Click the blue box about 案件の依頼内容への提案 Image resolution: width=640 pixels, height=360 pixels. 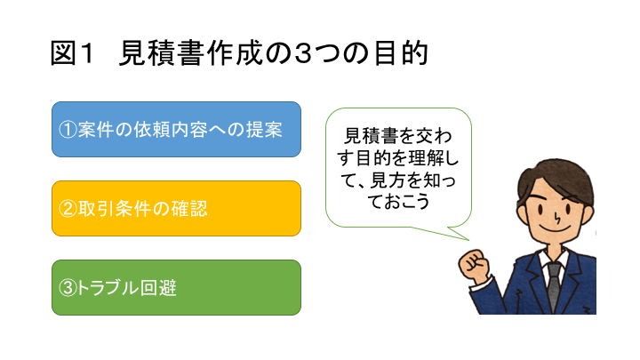[176, 130]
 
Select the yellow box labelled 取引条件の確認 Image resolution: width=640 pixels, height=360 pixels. [176, 209]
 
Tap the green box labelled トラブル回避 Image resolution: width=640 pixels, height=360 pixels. [176, 287]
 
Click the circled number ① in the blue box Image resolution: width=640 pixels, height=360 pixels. [68, 130]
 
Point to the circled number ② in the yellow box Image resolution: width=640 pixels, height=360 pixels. [68, 209]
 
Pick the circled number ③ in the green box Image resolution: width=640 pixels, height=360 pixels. [68, 288]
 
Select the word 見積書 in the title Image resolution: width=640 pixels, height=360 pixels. [161, 53]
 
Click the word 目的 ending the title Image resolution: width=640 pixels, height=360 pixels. [400, 53]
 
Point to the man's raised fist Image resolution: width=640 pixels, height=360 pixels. [474, 266]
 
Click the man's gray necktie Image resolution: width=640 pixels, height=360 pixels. [554, 286]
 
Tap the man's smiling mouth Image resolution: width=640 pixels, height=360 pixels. [555, 228]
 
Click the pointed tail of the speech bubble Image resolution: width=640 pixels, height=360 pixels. [468, 240]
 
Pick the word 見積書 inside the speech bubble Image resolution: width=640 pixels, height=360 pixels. [371, 136]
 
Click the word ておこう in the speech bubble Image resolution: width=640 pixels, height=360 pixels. [398, 201]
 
